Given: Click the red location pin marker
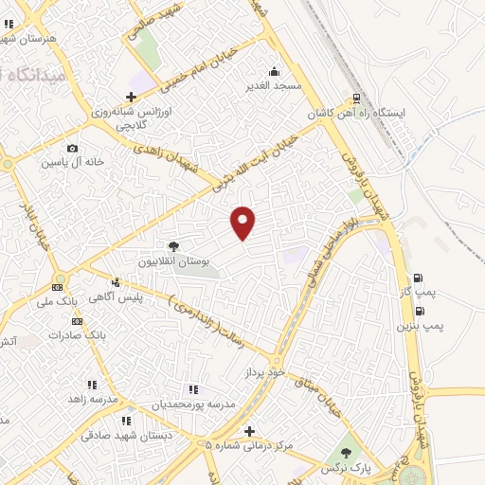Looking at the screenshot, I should pos(243,222).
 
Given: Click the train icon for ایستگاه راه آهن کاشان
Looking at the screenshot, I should pos(357,98).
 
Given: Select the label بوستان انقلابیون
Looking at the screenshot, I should pos(173,260).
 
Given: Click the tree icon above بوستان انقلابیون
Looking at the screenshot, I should pos(172,246).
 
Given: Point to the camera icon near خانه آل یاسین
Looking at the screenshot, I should pos(72,148).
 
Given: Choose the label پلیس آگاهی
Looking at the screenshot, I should pos(121,296).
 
